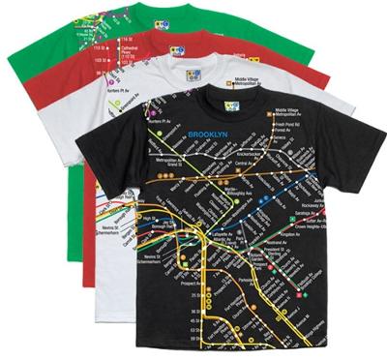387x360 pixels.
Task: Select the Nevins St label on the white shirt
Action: (x=108, y=224)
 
